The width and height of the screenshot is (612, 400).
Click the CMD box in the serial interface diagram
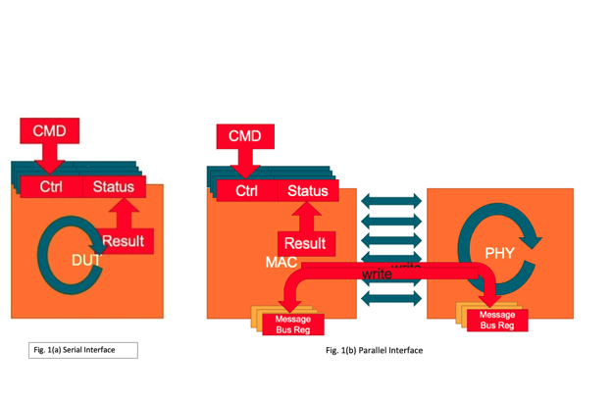point(50,131)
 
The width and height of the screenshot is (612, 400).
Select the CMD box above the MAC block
point(244,135)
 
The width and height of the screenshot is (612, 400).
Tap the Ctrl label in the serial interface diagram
point(52,186)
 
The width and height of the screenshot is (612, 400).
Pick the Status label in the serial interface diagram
point(113,186)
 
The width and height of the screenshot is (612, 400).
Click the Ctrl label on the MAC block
point(247,190)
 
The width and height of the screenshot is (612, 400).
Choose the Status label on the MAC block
point(307,190)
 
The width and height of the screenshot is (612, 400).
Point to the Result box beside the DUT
point(123,241)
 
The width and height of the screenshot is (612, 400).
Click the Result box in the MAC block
point(305,243)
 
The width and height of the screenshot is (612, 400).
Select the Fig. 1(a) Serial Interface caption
point(82,350)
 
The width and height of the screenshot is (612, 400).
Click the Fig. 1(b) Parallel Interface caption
point(375,350)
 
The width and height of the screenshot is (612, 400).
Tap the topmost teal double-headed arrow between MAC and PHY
point(391,201)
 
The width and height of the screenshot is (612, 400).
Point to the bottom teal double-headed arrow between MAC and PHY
point(391,298)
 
